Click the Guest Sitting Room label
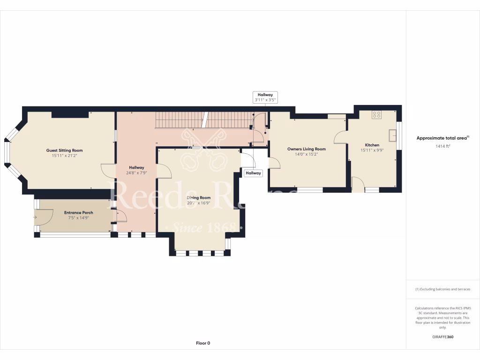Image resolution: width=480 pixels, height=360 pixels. coord(64,150)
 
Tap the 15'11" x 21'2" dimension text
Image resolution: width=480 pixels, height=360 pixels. coord(64,156)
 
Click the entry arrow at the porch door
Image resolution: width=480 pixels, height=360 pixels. coord(35,217)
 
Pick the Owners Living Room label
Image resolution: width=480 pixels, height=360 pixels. coord(306,149)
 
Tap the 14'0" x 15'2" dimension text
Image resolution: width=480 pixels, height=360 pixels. coord(306,154)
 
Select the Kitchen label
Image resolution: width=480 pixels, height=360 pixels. coord(372,145)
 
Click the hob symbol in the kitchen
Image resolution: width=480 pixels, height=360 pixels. coord(377,115)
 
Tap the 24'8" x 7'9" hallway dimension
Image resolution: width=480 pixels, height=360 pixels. coord(137,172)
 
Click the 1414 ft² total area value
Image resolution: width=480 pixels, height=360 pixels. coord(442,146)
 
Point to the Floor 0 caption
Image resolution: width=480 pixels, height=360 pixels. coord(203,343)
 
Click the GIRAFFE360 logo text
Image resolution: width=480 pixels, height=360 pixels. coord(442,337)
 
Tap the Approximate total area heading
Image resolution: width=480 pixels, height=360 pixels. coord(442,138)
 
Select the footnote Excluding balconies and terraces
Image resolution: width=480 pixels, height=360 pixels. coord(442,289)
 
